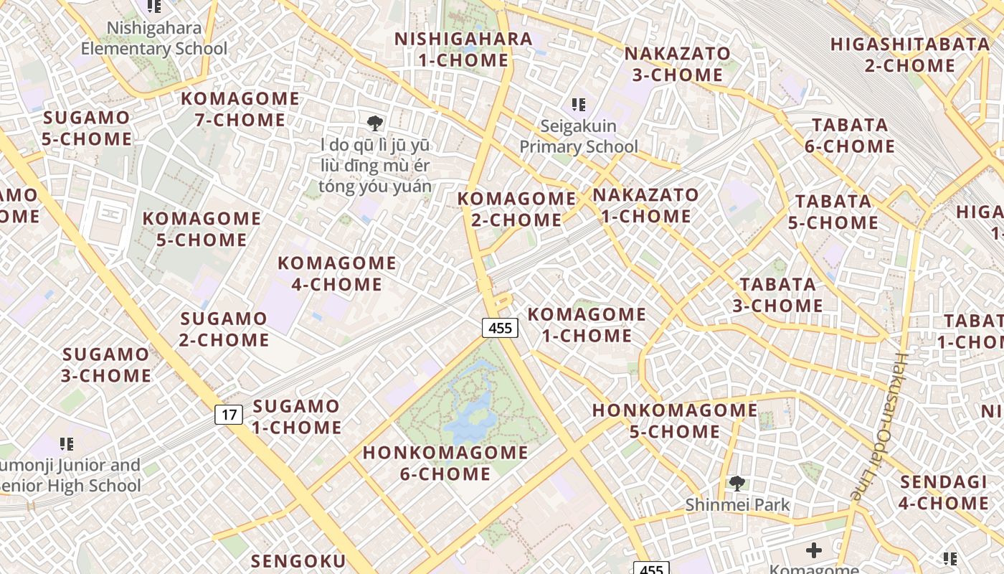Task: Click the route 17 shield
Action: click(x=229, y=414)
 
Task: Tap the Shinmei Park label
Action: click(x=737, y=504)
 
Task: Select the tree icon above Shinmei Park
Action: click(x=737, y=484)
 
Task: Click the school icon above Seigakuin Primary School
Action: click(x=579, y=105)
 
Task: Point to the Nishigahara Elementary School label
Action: click(x=153, y=39)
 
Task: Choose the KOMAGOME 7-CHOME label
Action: click(x=240, y=109)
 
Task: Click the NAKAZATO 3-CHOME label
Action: click(x=677, y=64)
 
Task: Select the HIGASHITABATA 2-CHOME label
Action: click(x=900, y=55)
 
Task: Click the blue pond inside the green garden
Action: click(x=470, y=416)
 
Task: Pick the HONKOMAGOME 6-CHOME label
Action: click(x=445, y=463)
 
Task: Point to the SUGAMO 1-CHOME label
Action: click(x=296, y=417)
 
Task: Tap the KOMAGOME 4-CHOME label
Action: click(x=336, y=273)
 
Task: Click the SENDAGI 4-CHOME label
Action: click(x=944, y=492)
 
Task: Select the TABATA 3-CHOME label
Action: click(x=777, y=295)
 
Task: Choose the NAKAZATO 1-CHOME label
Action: click(x=645, y=205)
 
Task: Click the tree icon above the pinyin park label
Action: click(x=374, y=123)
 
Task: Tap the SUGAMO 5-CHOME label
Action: click(x=87, y=128)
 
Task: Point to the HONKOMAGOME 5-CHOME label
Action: click(x=675, y=420)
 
